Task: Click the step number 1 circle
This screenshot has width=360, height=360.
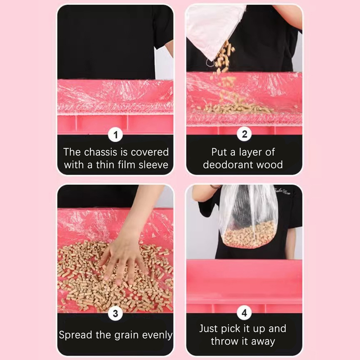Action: coord(116,135)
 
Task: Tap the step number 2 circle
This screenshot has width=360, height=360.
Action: coord(244,134)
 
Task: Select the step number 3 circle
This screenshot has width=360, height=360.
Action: coord(116,313)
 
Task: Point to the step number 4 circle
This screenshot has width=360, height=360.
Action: coord(244,313)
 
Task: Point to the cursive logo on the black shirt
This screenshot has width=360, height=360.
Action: coord(283,191)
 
